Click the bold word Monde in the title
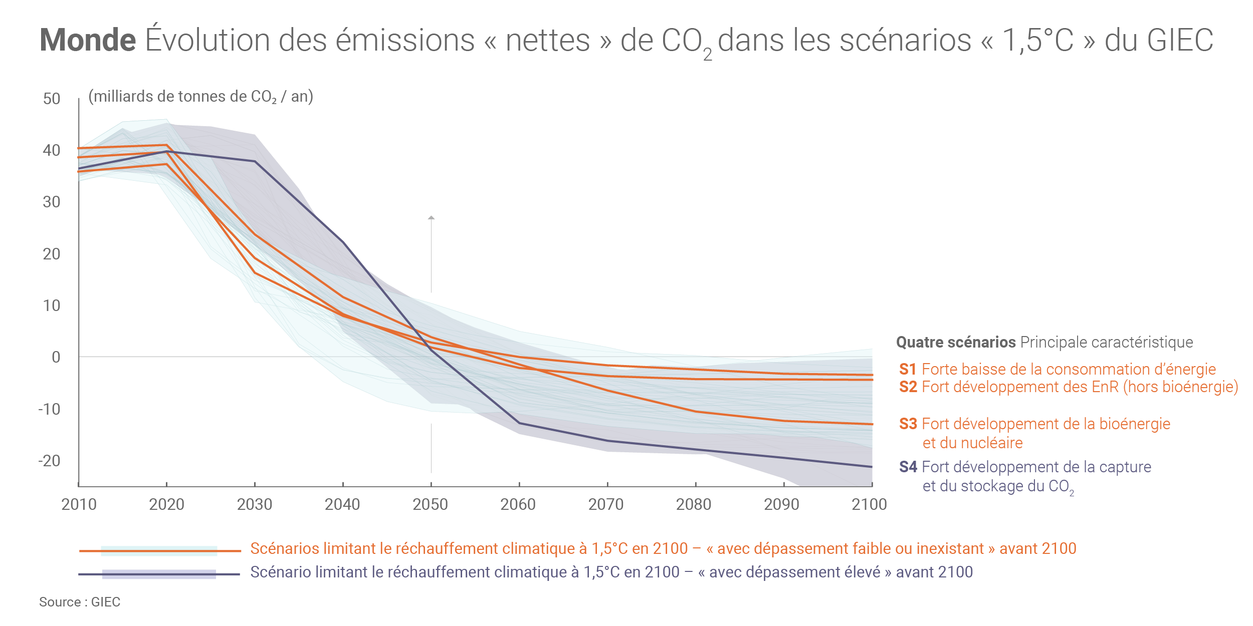[88, 40]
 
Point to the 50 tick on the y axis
[52, 99]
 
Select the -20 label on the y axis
[49, 461]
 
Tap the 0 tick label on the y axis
[56, 357]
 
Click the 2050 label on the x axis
[431, 504]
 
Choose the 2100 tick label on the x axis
[869, 504]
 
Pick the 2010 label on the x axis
[79, 504]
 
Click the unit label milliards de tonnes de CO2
[200, 96]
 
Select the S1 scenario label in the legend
[908, 369]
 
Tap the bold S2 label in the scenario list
[908, 387]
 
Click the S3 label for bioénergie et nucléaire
[908, 424]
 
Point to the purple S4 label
[908, 467]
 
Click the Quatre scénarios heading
[956, 342]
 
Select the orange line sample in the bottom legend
[159, 551]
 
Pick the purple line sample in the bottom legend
[159, 574]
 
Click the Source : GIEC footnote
[80, 602]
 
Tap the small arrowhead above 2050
[431, 218]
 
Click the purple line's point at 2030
[255, 161]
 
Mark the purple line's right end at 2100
[872, 467]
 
